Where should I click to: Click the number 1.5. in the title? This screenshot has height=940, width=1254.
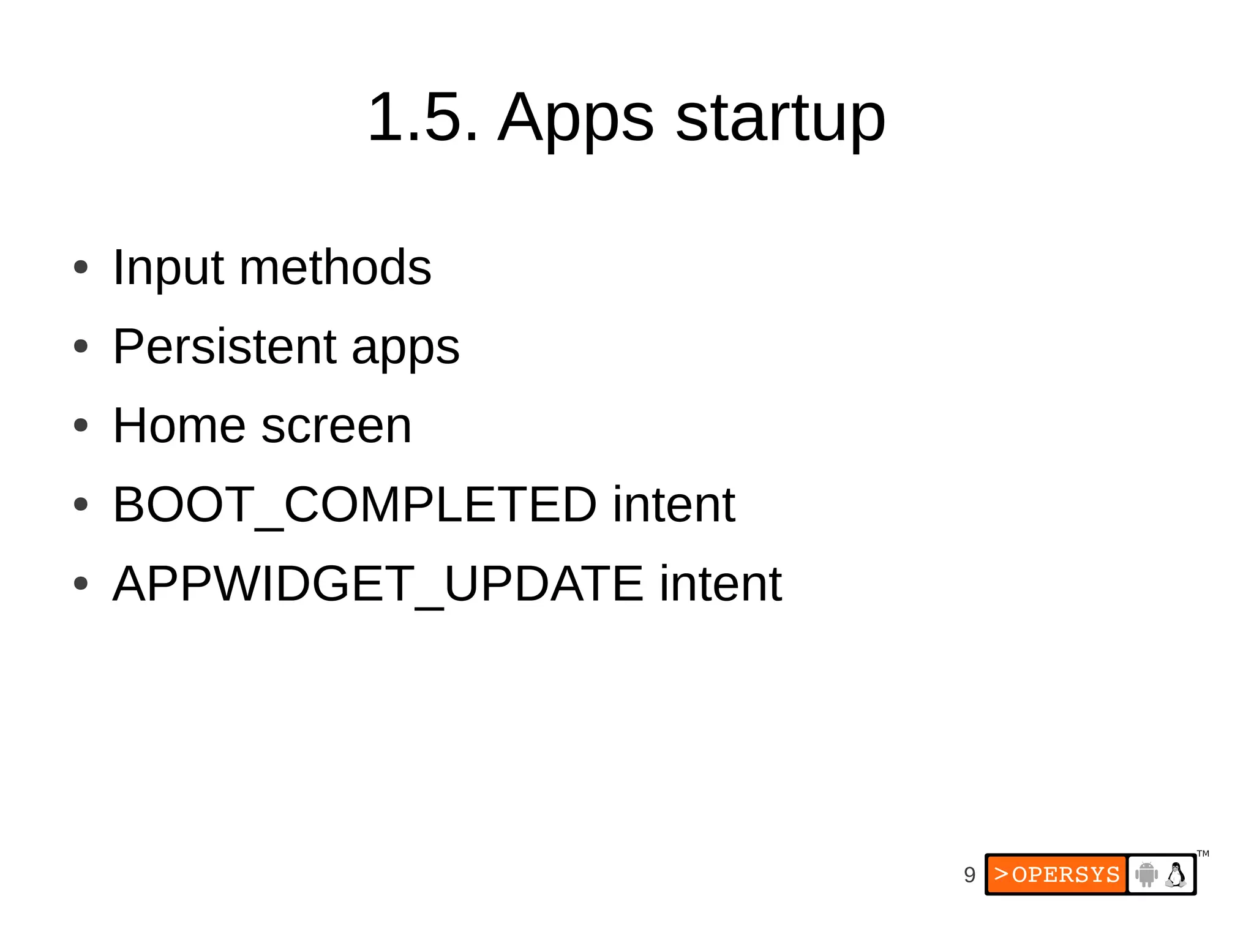click(x=422, y=117)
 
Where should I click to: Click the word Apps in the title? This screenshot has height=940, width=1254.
click(x=576, y=119)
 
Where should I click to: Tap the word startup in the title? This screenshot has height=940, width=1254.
click(x=781, y=119)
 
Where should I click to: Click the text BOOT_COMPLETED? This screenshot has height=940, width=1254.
click(x=355, y=505)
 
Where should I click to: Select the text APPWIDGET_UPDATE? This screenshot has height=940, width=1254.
click(x=378, y=584)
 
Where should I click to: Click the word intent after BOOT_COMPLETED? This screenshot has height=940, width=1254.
click(x=674, y=505)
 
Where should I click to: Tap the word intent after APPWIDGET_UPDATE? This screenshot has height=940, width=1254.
click(x=720, y=584)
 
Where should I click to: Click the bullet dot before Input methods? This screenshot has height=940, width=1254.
click(x=81, y=268)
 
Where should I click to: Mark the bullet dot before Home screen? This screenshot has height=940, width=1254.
click(x=81, y=425)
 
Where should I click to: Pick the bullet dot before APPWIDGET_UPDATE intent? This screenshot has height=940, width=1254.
click(x=81, y=583)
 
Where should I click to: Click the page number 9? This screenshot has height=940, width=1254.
click(x=969, y=874)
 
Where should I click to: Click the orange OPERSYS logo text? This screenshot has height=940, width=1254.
click(x=1057, y=874)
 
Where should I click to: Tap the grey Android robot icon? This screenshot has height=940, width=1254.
click(x=1146, y=874)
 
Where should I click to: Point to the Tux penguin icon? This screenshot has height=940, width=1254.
click(x=1176, y=874)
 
